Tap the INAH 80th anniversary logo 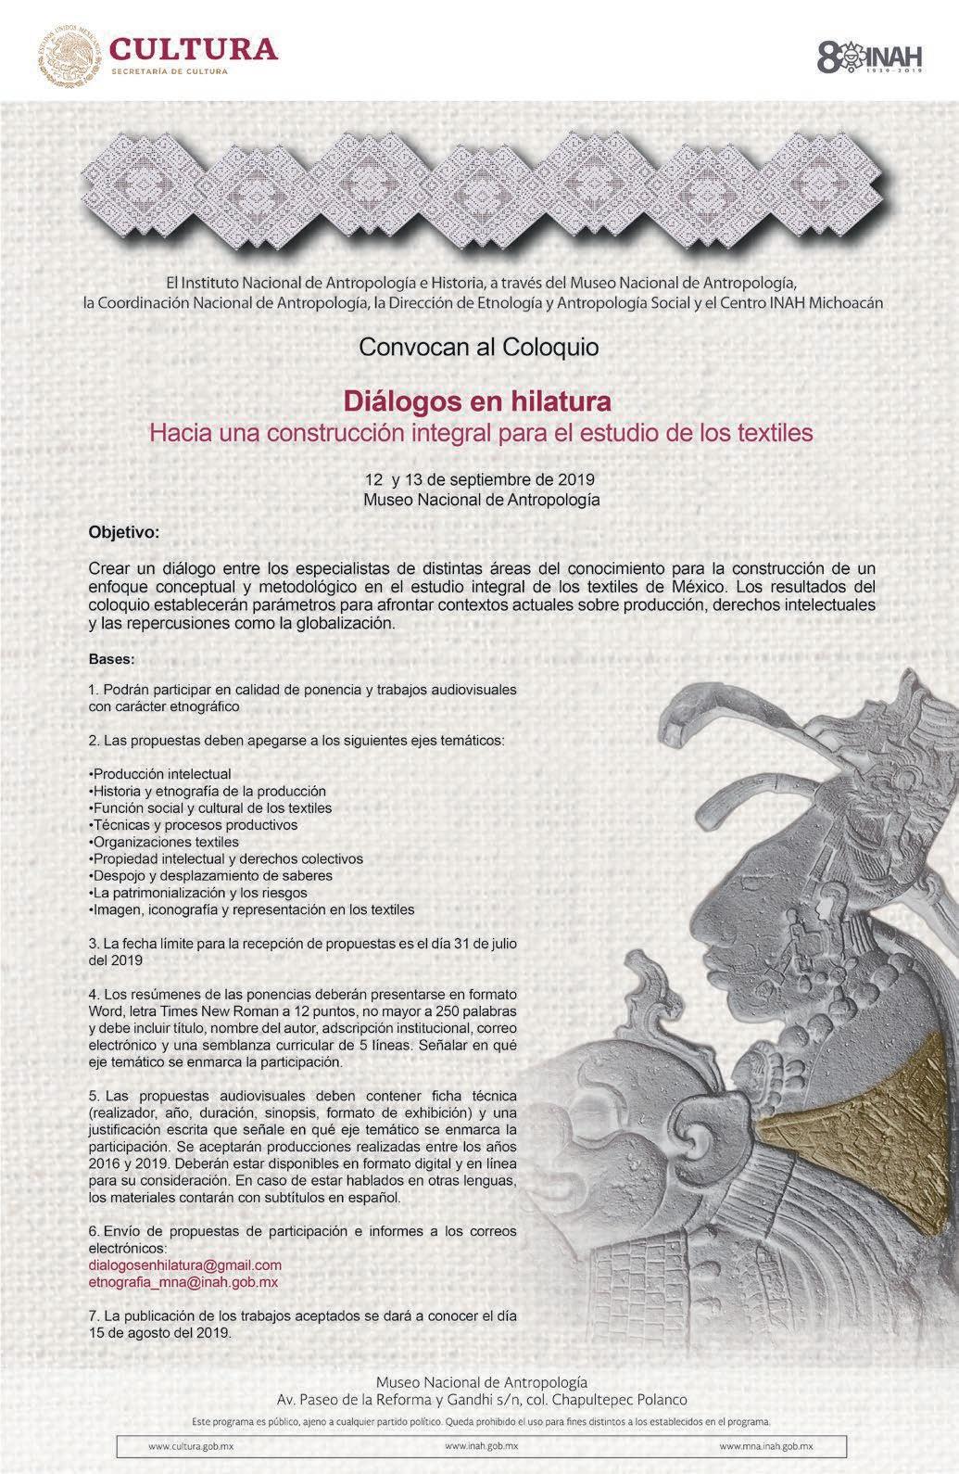point(870,55)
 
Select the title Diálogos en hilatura point(478,401)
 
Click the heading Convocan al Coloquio point(478,348)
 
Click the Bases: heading point(111,660)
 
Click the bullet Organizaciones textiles point(164,842)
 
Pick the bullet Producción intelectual point(160,773)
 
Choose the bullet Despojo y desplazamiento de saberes point(210,876)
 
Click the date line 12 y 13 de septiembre point(478,480)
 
